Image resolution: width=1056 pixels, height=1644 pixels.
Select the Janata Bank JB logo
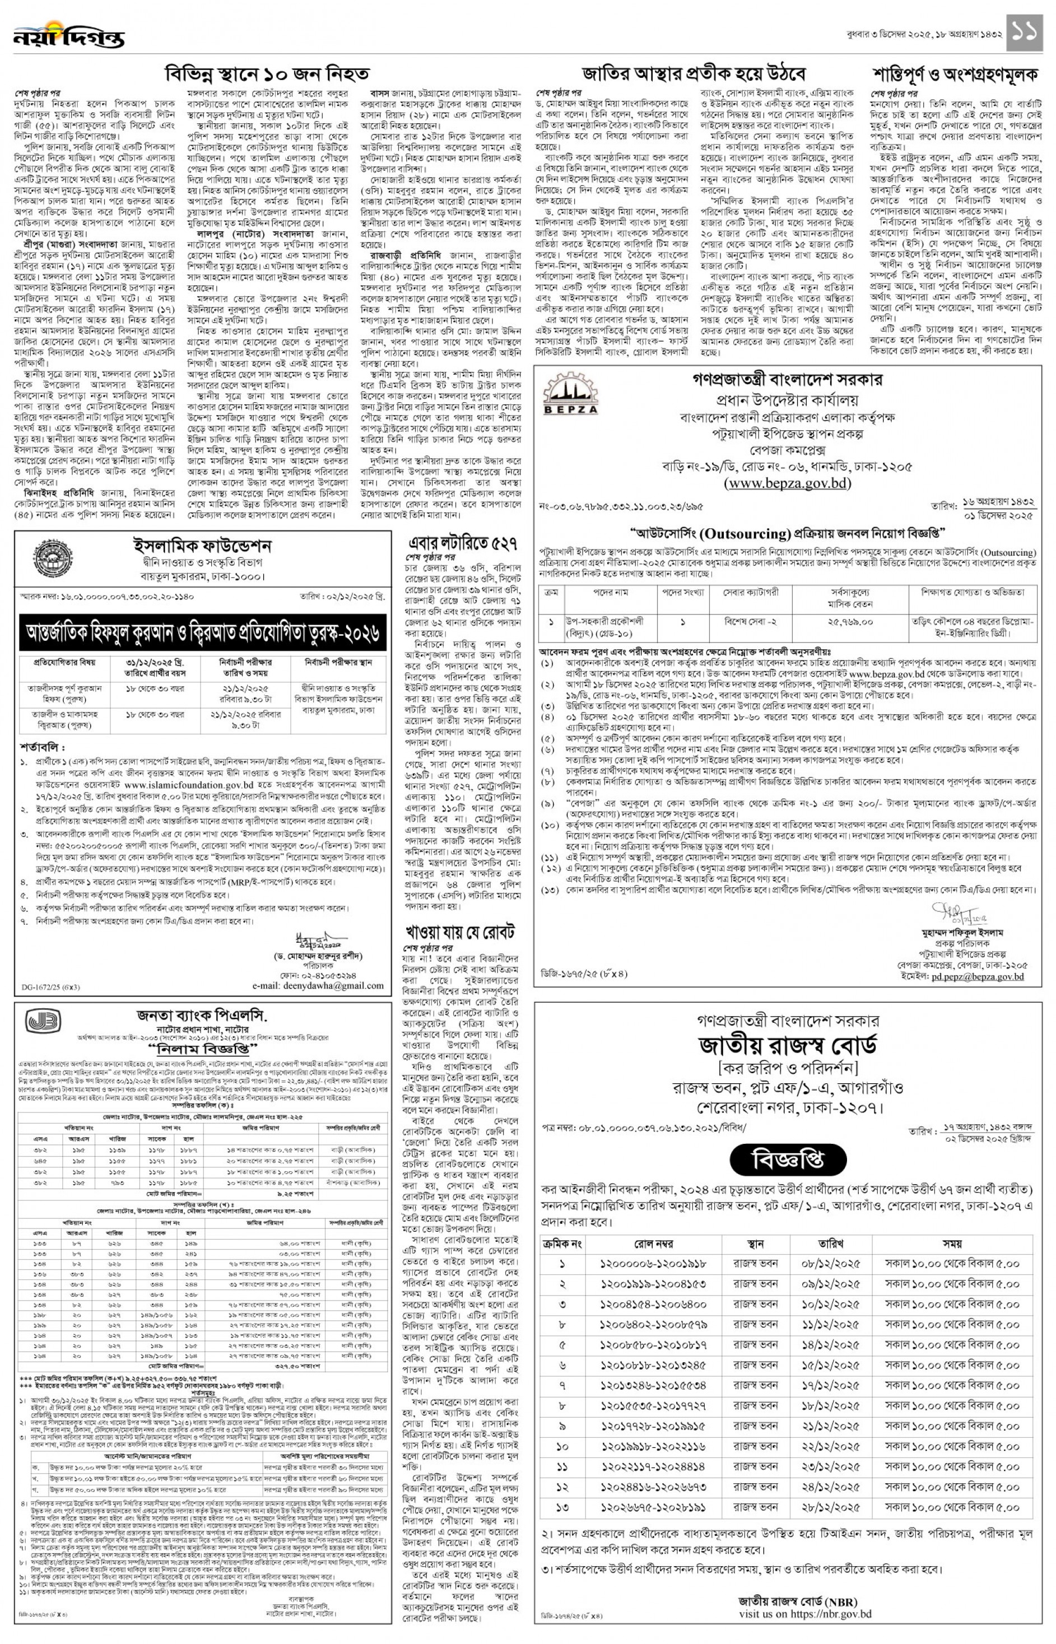click(45, 1023)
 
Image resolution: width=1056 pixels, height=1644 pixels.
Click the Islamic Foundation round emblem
click(45, 555)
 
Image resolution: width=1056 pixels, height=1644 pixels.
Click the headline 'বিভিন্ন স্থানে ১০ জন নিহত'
click(267, 73)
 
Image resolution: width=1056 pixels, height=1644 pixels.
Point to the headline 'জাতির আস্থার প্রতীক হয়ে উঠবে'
click(693, 73)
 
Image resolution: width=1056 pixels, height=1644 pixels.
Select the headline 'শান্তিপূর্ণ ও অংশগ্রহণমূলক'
click(955, 73)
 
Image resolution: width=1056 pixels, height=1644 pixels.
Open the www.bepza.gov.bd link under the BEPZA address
click(787, 483)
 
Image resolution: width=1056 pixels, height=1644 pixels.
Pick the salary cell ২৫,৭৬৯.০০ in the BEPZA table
click(850, 622)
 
